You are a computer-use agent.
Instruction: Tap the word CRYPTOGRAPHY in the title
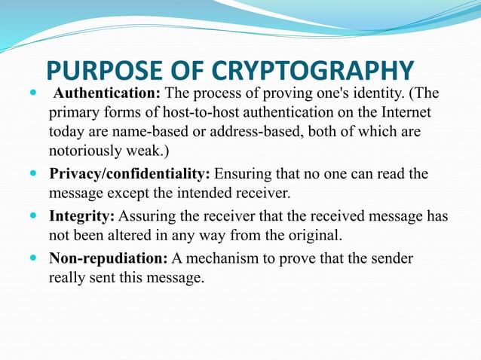pyautogui.click(x=313, y=72)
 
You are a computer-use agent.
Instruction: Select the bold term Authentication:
pyautogui.click(x=108, y=95)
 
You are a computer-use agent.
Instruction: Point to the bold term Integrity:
pyautogui.click(x=81, y=216)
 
